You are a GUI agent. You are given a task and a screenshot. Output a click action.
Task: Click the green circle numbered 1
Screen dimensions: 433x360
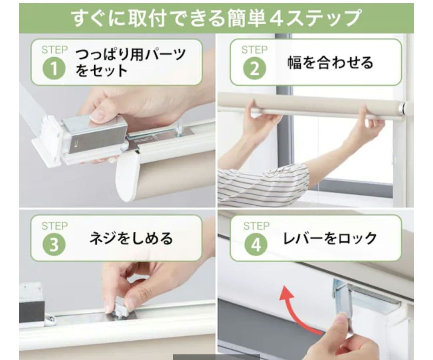pos(54,68)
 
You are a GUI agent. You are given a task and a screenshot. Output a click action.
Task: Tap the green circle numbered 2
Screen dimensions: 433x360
pos(254,68)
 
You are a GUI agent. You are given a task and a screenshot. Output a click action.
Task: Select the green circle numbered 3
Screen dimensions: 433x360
pos(54,244)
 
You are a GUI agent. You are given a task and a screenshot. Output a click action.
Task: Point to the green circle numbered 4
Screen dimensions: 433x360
pos(256,244)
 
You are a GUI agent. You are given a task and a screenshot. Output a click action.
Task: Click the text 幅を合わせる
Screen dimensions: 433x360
pos(330,63)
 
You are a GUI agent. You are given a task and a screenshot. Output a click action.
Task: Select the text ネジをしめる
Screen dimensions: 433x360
pos(131,238)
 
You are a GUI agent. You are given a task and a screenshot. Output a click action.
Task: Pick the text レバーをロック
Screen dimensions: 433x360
pos(330,238)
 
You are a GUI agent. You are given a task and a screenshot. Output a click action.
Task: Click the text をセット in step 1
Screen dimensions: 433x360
pos(101,71)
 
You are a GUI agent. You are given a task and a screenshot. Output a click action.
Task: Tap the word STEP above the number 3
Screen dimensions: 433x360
pos(55,226)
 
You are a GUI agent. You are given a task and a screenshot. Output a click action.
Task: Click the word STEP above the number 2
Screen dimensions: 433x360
pos(255,50)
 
